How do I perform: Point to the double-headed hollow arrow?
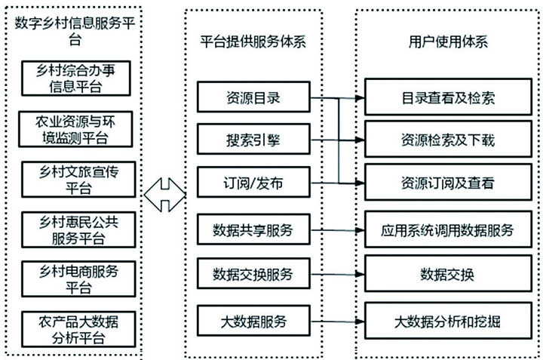pyautogui.click(x=164, y=194)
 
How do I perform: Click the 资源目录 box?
pyautogui.click(x=253, y=97)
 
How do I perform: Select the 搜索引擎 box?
pyautogui.click(x=253, y=140)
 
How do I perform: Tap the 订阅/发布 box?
pyautogui.click(x=253, y=183)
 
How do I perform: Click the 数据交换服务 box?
pyautogui.click(x=253, y=273)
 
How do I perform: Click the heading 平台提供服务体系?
pyautogui.click(x=253, y=42)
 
